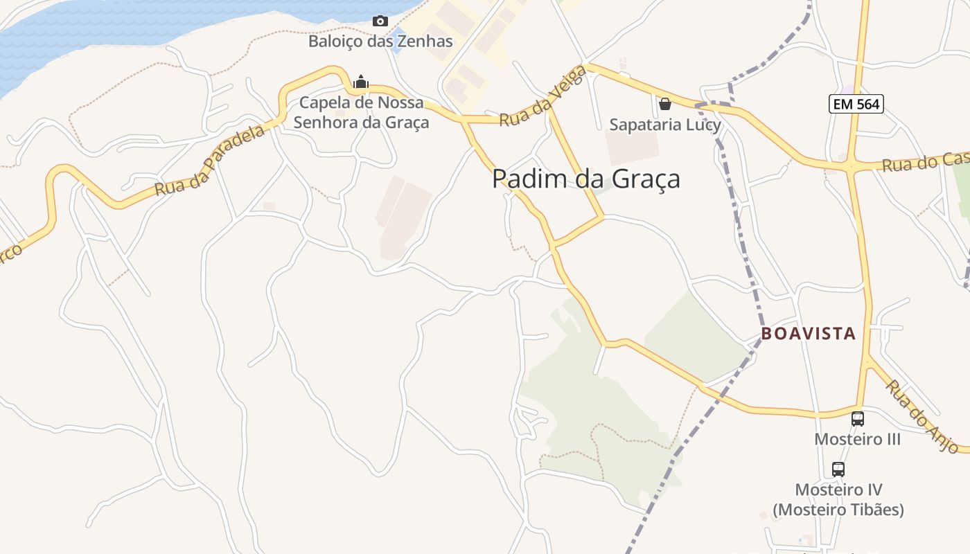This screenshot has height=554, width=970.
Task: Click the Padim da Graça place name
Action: pos(585,179)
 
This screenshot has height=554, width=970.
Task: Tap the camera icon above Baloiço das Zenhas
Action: pos(380,21)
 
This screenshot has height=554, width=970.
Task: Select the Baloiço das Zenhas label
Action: pos(380,41)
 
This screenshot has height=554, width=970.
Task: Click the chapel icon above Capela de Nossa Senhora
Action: pos(360,82)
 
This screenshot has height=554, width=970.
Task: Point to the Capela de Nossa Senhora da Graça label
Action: pos(361,113)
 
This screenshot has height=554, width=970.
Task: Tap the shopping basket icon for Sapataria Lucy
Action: pos(665,104)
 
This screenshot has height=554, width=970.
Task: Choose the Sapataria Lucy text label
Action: pos(665,125)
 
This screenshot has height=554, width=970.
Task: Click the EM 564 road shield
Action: pos(856,104)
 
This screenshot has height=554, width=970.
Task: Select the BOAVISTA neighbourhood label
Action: pos(809,333)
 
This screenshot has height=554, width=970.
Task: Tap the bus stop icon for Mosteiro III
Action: pos(857,418)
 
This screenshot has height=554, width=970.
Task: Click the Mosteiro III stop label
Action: pos(857,439)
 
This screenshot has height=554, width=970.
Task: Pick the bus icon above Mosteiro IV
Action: pos(838,469)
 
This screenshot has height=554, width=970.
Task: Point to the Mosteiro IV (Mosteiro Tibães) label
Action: pos(838,500)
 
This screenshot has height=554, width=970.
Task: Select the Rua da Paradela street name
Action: pos(209,161)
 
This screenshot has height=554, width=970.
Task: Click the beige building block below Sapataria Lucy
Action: pos(632,146)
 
